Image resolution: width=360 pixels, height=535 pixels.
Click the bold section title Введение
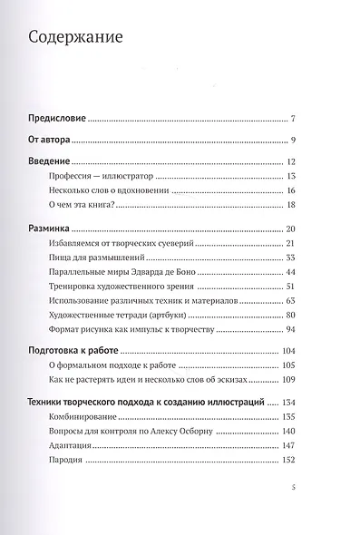(x=47, y=162)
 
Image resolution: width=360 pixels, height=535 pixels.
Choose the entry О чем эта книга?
(x=81, y=205)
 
